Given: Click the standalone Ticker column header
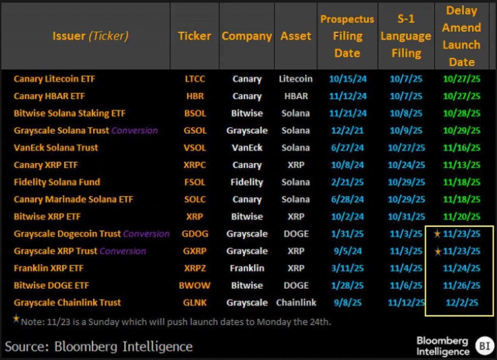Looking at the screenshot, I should point(194,36).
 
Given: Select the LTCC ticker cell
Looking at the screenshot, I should point(195,79).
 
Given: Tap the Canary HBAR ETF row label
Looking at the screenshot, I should point(49,96).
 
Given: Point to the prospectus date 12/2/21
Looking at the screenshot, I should point(347,131).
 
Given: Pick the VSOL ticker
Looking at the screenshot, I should point(195,147).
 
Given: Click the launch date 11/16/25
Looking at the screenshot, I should point(461,147).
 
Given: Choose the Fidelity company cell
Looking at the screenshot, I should point(247,182).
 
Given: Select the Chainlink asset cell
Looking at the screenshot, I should point(296,303).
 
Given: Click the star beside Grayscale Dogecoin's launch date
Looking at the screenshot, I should point(437,234).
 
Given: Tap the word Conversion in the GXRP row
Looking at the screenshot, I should point(122,251).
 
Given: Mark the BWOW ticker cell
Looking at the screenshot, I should point(195,285).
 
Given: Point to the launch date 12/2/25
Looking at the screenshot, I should point(462,303).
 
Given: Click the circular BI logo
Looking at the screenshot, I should point(483,345).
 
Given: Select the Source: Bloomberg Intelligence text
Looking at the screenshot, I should point(99,346).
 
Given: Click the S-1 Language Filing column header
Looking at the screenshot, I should point(406,36).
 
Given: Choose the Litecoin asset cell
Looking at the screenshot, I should point(296,79).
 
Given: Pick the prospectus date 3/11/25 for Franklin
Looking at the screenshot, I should point(347,268).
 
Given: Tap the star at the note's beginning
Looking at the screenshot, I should point(17,319).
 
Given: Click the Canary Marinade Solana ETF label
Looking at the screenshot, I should point(73,199).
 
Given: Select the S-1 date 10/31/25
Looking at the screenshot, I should point(406,216).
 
